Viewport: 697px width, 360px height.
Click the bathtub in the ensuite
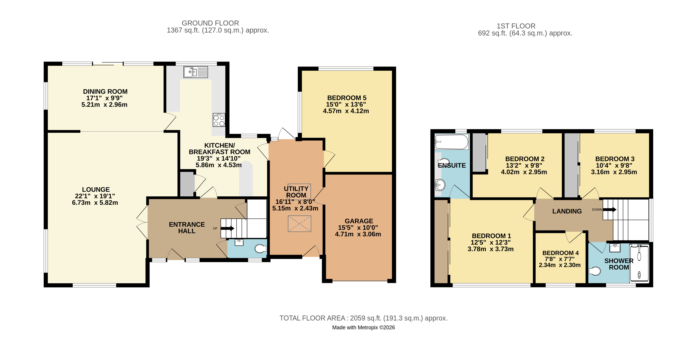451,142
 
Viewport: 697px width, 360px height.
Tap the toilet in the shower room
595,271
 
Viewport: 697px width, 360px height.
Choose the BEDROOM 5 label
347,98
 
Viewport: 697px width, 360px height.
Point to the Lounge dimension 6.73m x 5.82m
95,203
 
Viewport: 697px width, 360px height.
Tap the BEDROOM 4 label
560,253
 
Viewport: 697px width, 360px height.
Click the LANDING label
567,211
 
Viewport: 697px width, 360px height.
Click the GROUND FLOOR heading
210,23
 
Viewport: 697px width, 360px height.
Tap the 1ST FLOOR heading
516,26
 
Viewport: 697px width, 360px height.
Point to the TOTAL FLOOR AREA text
363,318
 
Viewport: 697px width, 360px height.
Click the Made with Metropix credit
363,327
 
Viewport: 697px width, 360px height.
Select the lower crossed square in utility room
299,224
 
